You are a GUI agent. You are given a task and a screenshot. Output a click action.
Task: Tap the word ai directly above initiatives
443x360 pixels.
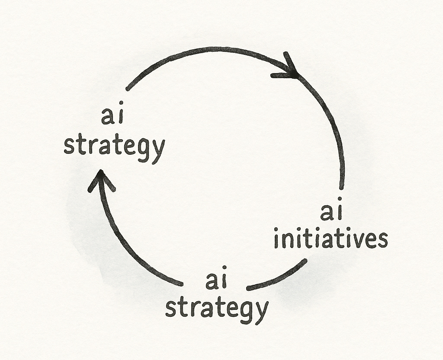click(331, 213)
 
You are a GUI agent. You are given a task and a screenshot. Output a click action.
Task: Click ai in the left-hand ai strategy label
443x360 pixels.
click(111, 117)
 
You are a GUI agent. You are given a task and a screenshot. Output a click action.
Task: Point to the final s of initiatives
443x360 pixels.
click(382, 241)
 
